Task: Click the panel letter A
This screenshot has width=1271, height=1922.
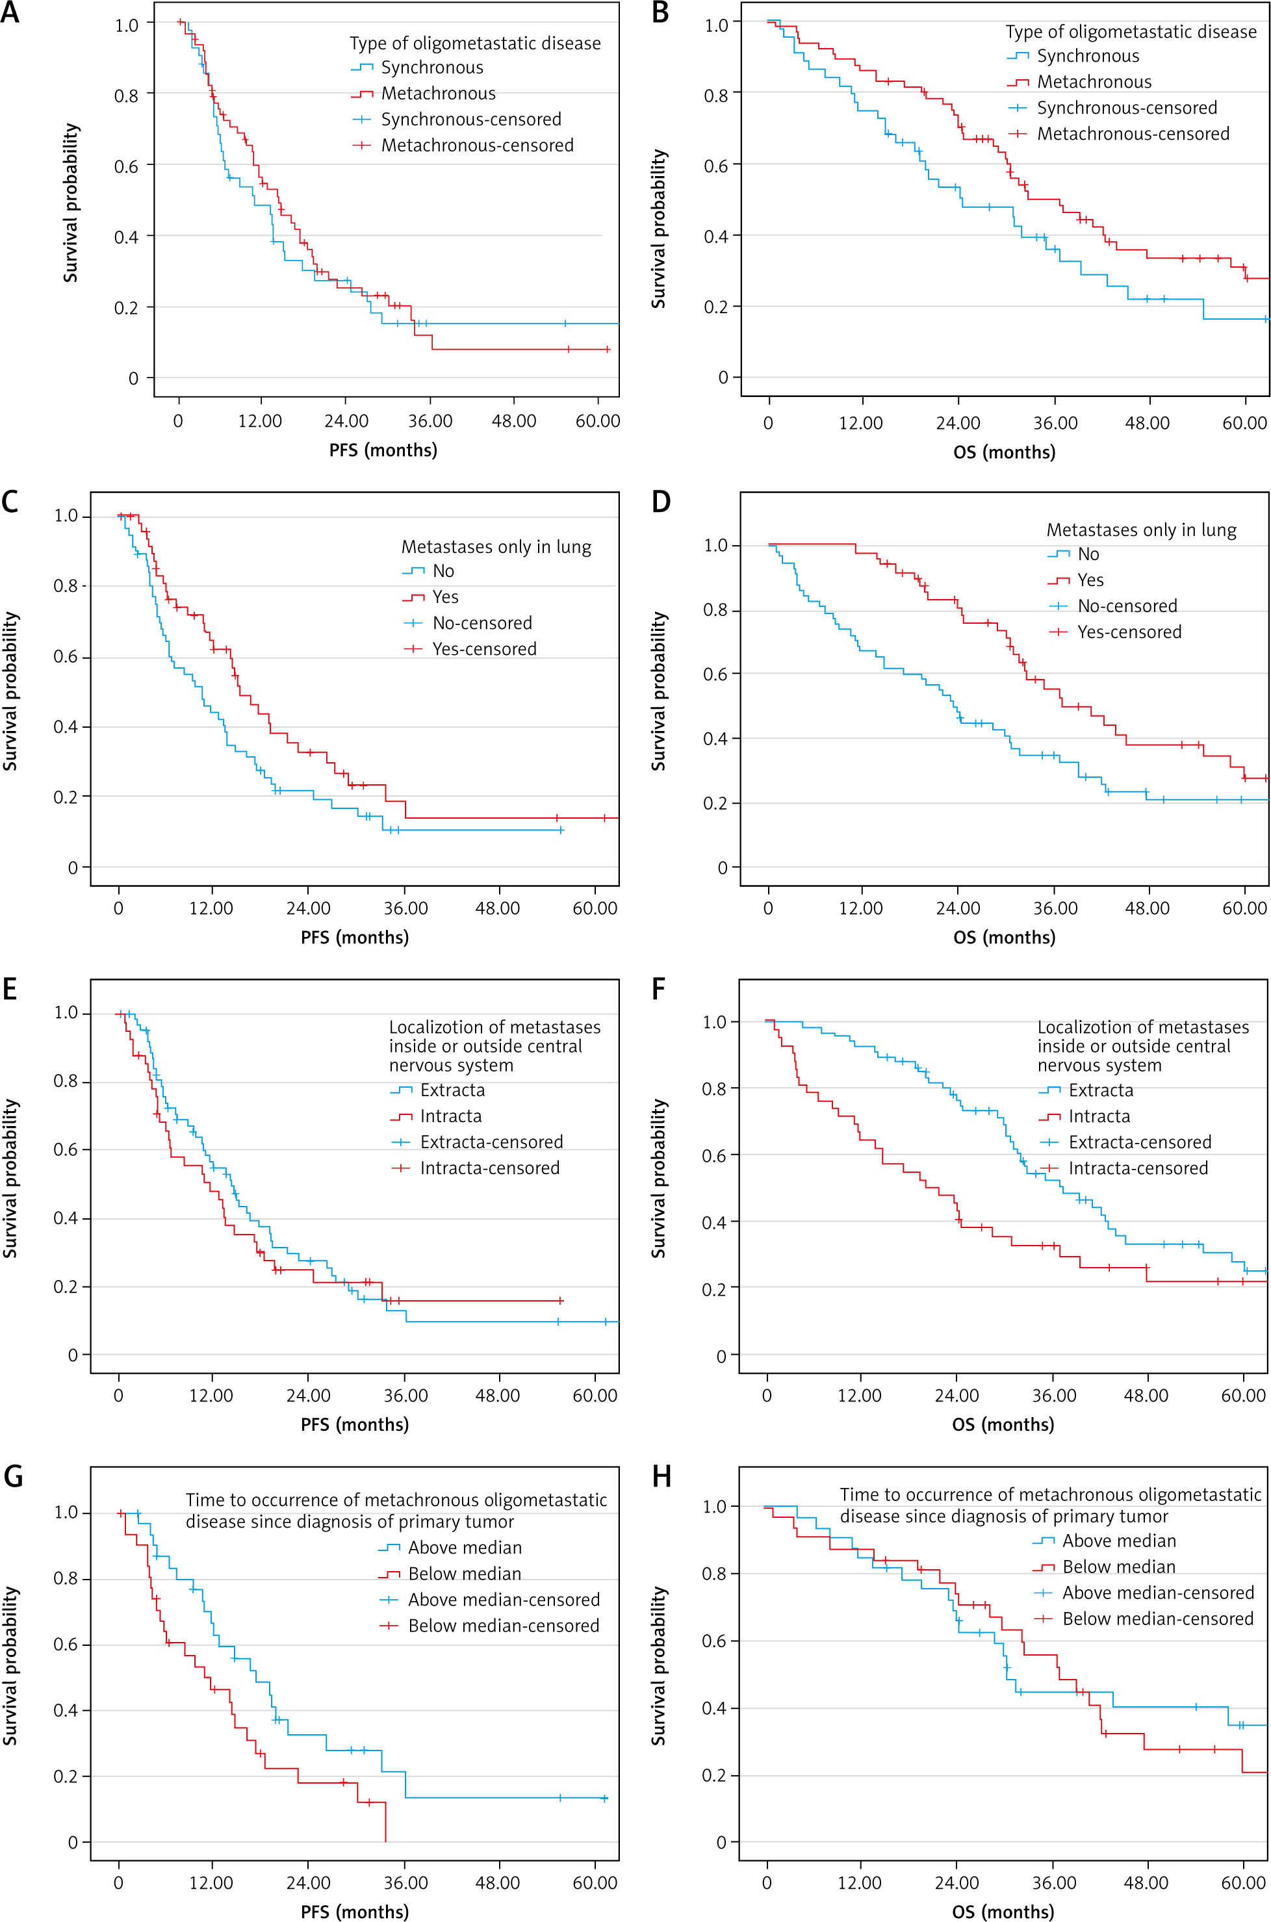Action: pyautogui.click(x=10, y=14)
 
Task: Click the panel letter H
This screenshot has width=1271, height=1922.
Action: pyautogui.click(x=661, y=1476)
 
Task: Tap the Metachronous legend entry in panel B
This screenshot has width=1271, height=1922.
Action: pyautogui.click(x=1094, y=82)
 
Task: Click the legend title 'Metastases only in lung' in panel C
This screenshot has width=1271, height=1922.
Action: pyautogui.click(x=496, y=546)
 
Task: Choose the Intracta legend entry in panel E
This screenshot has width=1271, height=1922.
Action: pyautogui.click(x=450, y=1116)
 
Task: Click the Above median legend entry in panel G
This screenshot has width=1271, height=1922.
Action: pyautogui.click(x=465, y=1548)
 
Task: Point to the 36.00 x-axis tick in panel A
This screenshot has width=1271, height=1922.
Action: pyautogui.click(x=430, y=420)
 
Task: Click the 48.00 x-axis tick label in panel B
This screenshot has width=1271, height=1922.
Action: pyautogui.click(x=1147, y=422)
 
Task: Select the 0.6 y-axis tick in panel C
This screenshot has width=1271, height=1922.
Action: pyautogui.click(x=66, y=657)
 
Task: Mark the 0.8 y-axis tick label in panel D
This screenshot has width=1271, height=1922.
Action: pyautogui.click(x=715, y=609)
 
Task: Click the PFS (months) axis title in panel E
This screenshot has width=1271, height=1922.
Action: pyautogui.click(x=354, y=1424)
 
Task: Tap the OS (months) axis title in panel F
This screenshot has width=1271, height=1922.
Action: pyautogui.click(x=1003, y=1424)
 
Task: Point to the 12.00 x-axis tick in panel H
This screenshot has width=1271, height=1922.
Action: pyautogui.click(x=860, y=1882)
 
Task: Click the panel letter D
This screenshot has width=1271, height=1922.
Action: pyautogui.click(x=661, y=502)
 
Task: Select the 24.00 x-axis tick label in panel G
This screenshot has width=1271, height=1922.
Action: pyautogui.click(x=308, y=1882)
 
